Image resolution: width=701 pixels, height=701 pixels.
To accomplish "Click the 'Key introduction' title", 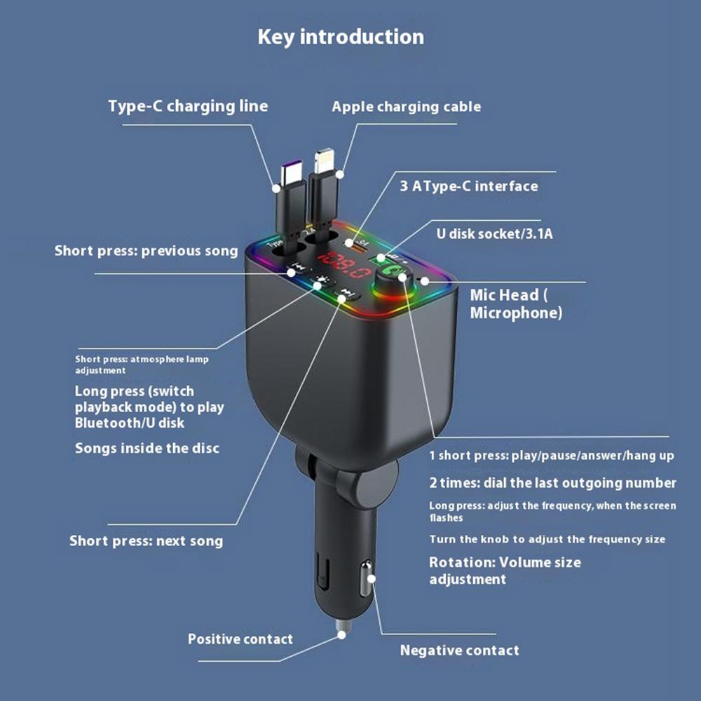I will click(341, 36).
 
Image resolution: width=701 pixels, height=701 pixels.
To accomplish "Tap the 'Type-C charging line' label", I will click(188, 107).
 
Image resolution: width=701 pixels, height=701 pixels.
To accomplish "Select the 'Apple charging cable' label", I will click(406, 107).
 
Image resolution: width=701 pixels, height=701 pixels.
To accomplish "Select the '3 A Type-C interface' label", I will click(469, 186).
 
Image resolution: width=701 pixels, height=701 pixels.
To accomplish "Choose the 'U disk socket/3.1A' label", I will click(495, 233).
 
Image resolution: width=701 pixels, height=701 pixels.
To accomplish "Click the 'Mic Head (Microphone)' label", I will click(516, 304).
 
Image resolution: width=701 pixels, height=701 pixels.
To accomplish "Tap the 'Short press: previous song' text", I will click(147, 250).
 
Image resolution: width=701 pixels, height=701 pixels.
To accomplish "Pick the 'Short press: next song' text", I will click(147, 540).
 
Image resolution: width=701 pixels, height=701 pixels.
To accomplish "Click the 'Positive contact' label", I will click(240, 639).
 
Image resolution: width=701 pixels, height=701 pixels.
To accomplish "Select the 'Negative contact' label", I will click(459, 650).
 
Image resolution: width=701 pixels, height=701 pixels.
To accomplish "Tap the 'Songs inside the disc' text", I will click(147, 447).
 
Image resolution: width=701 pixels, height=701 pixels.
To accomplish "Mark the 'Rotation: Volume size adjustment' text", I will click(505, 571).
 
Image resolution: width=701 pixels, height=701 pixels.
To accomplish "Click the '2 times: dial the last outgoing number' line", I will click(552, 483).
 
